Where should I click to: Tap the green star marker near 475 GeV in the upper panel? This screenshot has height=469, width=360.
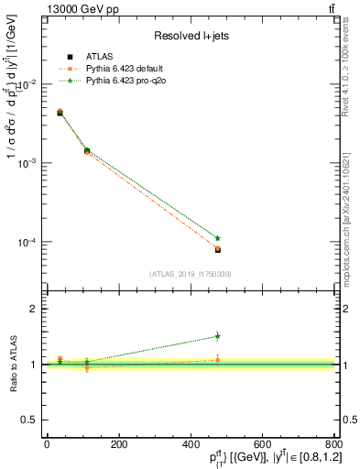click(x=217, y=238)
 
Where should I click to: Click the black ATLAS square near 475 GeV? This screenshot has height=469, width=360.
click(x=217, y=249)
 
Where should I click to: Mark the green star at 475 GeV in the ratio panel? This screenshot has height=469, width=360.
click(x=217, y=336)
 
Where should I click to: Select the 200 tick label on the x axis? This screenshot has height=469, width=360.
click(x=118, y=444)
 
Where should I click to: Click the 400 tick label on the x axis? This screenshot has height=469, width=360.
click(x=190, y=444)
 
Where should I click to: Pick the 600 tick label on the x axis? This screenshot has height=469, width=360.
click(x=262, y=444)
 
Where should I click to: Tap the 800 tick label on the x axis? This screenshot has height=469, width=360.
click(x=333, y=444)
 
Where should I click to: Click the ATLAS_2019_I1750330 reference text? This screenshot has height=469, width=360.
click(x=190, y=274)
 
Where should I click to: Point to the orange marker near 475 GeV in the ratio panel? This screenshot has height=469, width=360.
click(x=217, y=360)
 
